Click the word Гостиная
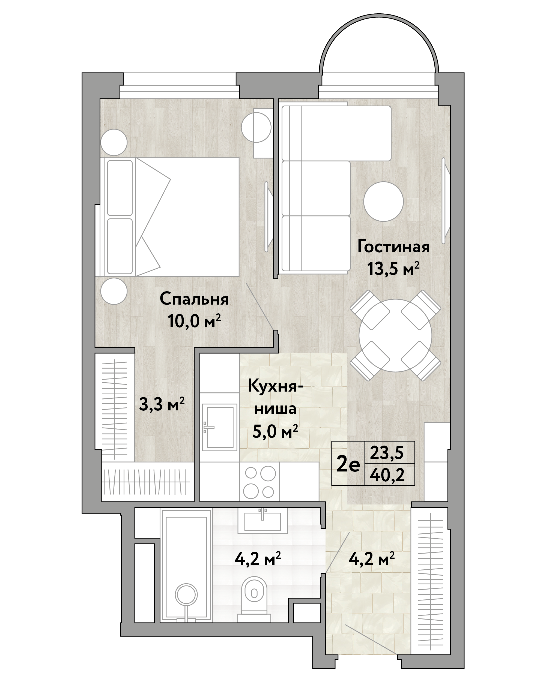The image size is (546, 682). tap(393, 247)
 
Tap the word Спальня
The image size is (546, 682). tap(194, 299)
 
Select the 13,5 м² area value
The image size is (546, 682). tap(393, 269)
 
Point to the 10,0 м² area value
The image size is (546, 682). tap(194, 322)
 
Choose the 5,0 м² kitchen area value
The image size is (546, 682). tap(275, 431)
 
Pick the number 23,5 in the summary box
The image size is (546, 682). tap(387, 453)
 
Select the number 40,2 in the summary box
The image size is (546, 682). tap(387, 475)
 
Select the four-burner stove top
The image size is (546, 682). tap(259, 482)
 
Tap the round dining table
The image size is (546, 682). tap(395, 335)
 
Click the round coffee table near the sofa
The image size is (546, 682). tap(383, 202)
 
